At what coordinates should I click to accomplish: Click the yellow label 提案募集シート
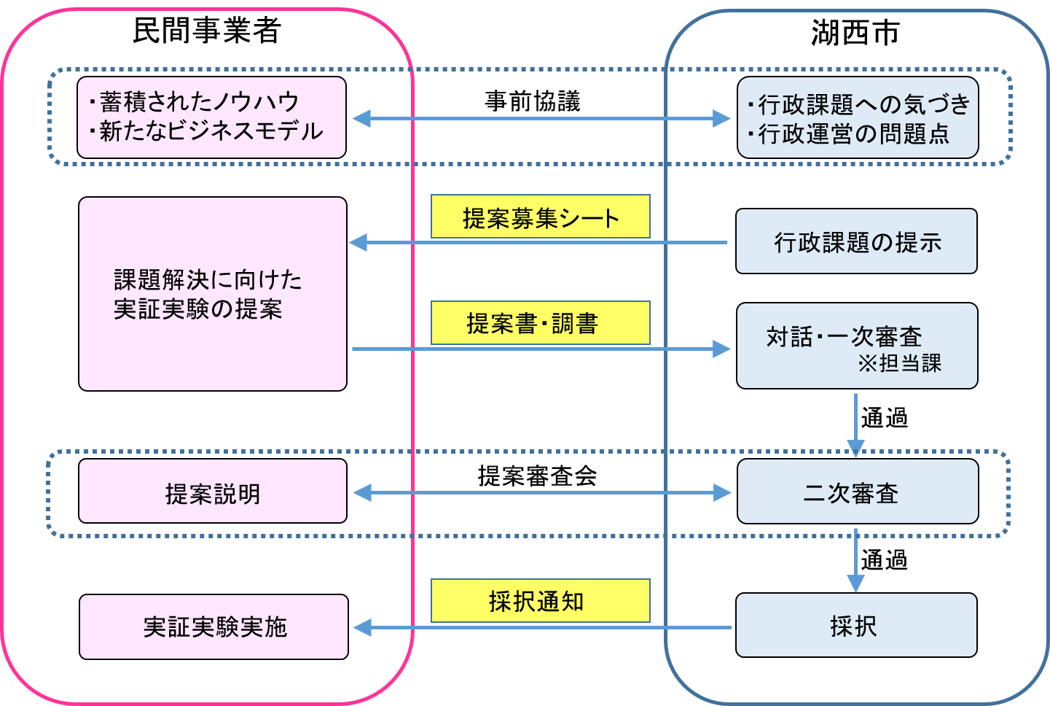click(x=540, y=217)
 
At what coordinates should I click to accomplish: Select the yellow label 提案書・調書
click(x=540, y=323)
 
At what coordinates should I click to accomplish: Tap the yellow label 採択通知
click(x=540, y=601)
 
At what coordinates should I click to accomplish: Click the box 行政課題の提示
click(x=856, y=241)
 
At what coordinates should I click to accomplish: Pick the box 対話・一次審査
click(x=856, y=346)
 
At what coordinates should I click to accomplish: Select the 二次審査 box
click(x=857, y=492)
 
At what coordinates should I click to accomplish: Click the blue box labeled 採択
click(x=855, y=625)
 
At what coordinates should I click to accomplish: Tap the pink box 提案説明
click(x=212, y=491)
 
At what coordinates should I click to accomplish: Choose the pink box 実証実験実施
click(x=213, y=627)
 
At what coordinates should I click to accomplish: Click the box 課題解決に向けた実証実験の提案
click(x=212, y=294)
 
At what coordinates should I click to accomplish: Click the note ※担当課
click(x=899, y=363)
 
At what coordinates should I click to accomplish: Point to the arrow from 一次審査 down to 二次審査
click(x=855, y=423)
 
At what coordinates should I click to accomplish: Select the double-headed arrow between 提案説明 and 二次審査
click(x=541, y=493)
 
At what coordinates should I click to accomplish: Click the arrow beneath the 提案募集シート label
click(x=539, y=242)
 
